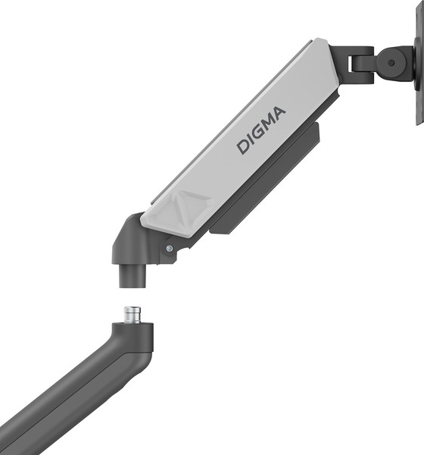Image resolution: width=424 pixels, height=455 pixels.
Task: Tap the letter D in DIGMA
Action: (244, 146)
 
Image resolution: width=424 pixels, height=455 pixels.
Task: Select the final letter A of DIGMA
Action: (279, 115)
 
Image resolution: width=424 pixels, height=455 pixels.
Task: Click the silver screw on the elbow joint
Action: (169, 247)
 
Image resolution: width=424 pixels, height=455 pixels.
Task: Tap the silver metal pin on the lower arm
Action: (133, 315)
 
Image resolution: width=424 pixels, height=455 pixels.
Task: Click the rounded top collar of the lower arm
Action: (132, 333)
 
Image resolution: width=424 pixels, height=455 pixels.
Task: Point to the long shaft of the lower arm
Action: (61, 402)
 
